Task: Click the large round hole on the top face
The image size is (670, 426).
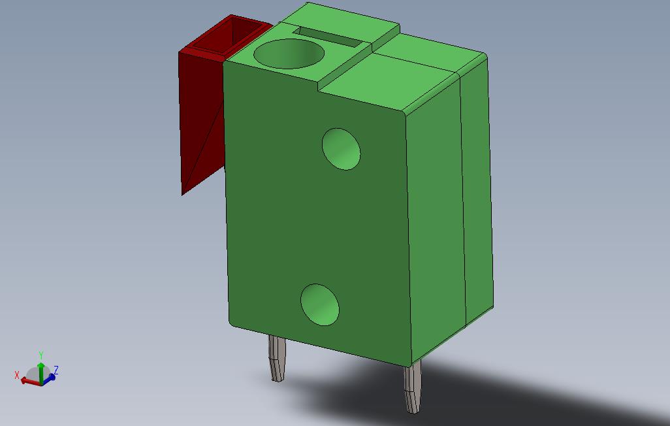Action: pyautogui.click(x=289, y=54)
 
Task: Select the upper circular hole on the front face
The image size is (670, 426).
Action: pyautogui.click(x=342, y=149)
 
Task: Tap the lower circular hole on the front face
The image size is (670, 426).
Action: pyautogui.click(x=320, y=304)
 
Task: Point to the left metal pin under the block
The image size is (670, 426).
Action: pyautogui.click(x=277, y=358)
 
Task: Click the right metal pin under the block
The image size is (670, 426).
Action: pyautogui.click(x=413, y=388)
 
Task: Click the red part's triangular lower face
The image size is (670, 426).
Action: pyautogui.click(x=202, y=157)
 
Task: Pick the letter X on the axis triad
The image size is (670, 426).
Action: pyautogui.click(x=17, y=375)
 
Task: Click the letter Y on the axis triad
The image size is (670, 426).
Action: pyautogui.click(x=40, y=355)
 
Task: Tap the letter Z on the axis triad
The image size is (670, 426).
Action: pyautogui.click(x=56, y=370)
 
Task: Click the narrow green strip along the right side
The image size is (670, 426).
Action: pyautogui.click(x=477, y=196)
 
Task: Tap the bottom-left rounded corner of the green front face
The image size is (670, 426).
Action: pyautogui.click(x=232, y=320)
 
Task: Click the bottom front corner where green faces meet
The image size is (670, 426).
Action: pyautogui.click(x=411, y=363)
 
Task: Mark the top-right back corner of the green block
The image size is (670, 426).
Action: pyautogui.click(x=484, y=56)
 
